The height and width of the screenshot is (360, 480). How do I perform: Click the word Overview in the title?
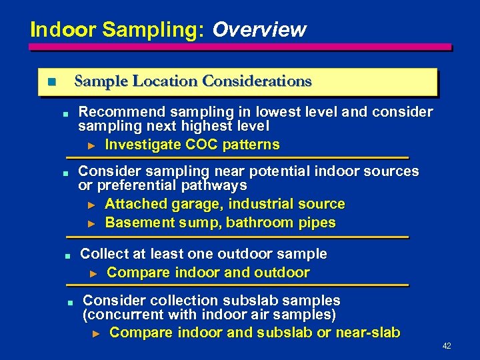[259, 30]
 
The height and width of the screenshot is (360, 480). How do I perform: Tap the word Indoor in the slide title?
[54, 30]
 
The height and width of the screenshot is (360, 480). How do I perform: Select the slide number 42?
[447, 346]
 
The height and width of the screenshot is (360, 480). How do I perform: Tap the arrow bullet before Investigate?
[93, 145]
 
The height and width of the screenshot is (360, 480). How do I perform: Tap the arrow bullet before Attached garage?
[93, 204]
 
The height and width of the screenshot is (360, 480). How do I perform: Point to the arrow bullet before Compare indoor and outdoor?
[94, 273]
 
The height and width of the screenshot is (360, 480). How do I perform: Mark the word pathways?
[212, 185]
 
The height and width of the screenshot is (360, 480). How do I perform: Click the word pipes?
[317, 223]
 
